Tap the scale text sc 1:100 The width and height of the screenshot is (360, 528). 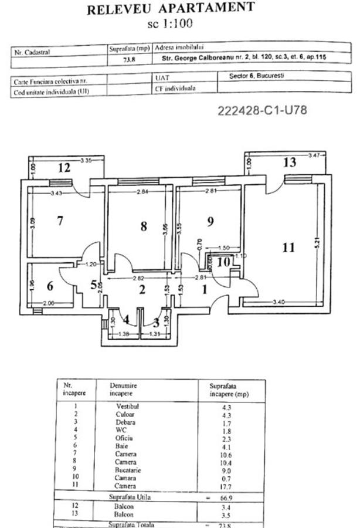coord(171,24)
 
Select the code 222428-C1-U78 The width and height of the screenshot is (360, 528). coord(262,110)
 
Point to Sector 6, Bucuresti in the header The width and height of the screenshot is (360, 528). coord(253,76)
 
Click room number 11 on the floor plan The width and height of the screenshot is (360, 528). coord(288,247)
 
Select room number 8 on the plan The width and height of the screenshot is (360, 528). coord(144,226)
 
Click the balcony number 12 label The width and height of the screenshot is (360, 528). coord(64,168)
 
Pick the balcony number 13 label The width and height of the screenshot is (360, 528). coord(289,163)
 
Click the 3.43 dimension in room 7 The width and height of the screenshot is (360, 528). coord(57,193)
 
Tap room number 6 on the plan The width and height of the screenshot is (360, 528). coord(50,286)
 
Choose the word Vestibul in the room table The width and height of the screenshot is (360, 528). coord(128,406)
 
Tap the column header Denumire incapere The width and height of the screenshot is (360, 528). coord(126,390)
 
